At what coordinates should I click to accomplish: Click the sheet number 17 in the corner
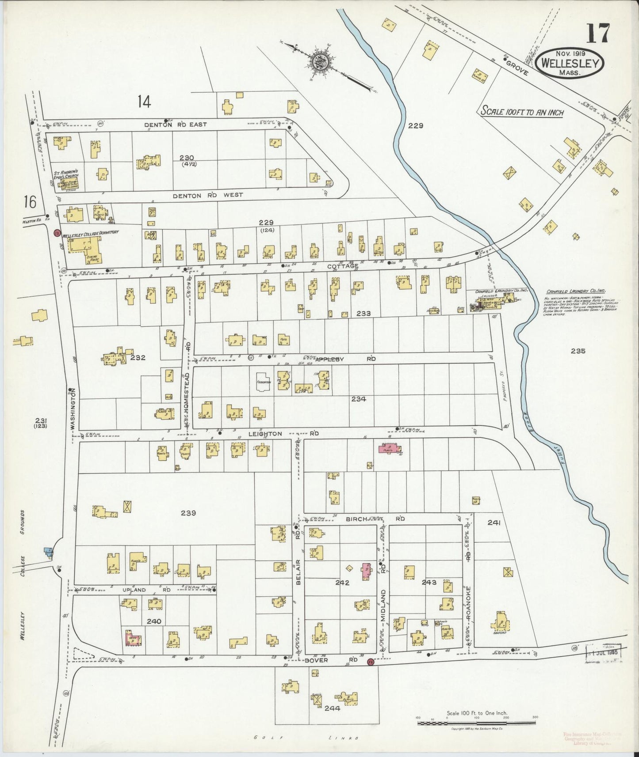pos(598,33)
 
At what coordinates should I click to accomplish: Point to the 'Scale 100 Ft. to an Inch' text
pos(522,111)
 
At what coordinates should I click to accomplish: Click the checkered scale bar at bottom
pos(476,723)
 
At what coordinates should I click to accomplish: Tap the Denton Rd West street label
pos(207,195)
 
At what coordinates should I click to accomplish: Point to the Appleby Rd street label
pos(345,359)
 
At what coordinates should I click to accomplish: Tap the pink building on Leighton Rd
pos(389,449)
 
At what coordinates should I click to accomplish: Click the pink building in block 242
pos(366,571)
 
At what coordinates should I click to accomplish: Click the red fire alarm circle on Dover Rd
pos(370,662)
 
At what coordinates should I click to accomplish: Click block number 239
pos(188,513)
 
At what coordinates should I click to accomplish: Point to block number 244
pos(332,708)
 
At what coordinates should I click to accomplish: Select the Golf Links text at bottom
pos(305,738)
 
